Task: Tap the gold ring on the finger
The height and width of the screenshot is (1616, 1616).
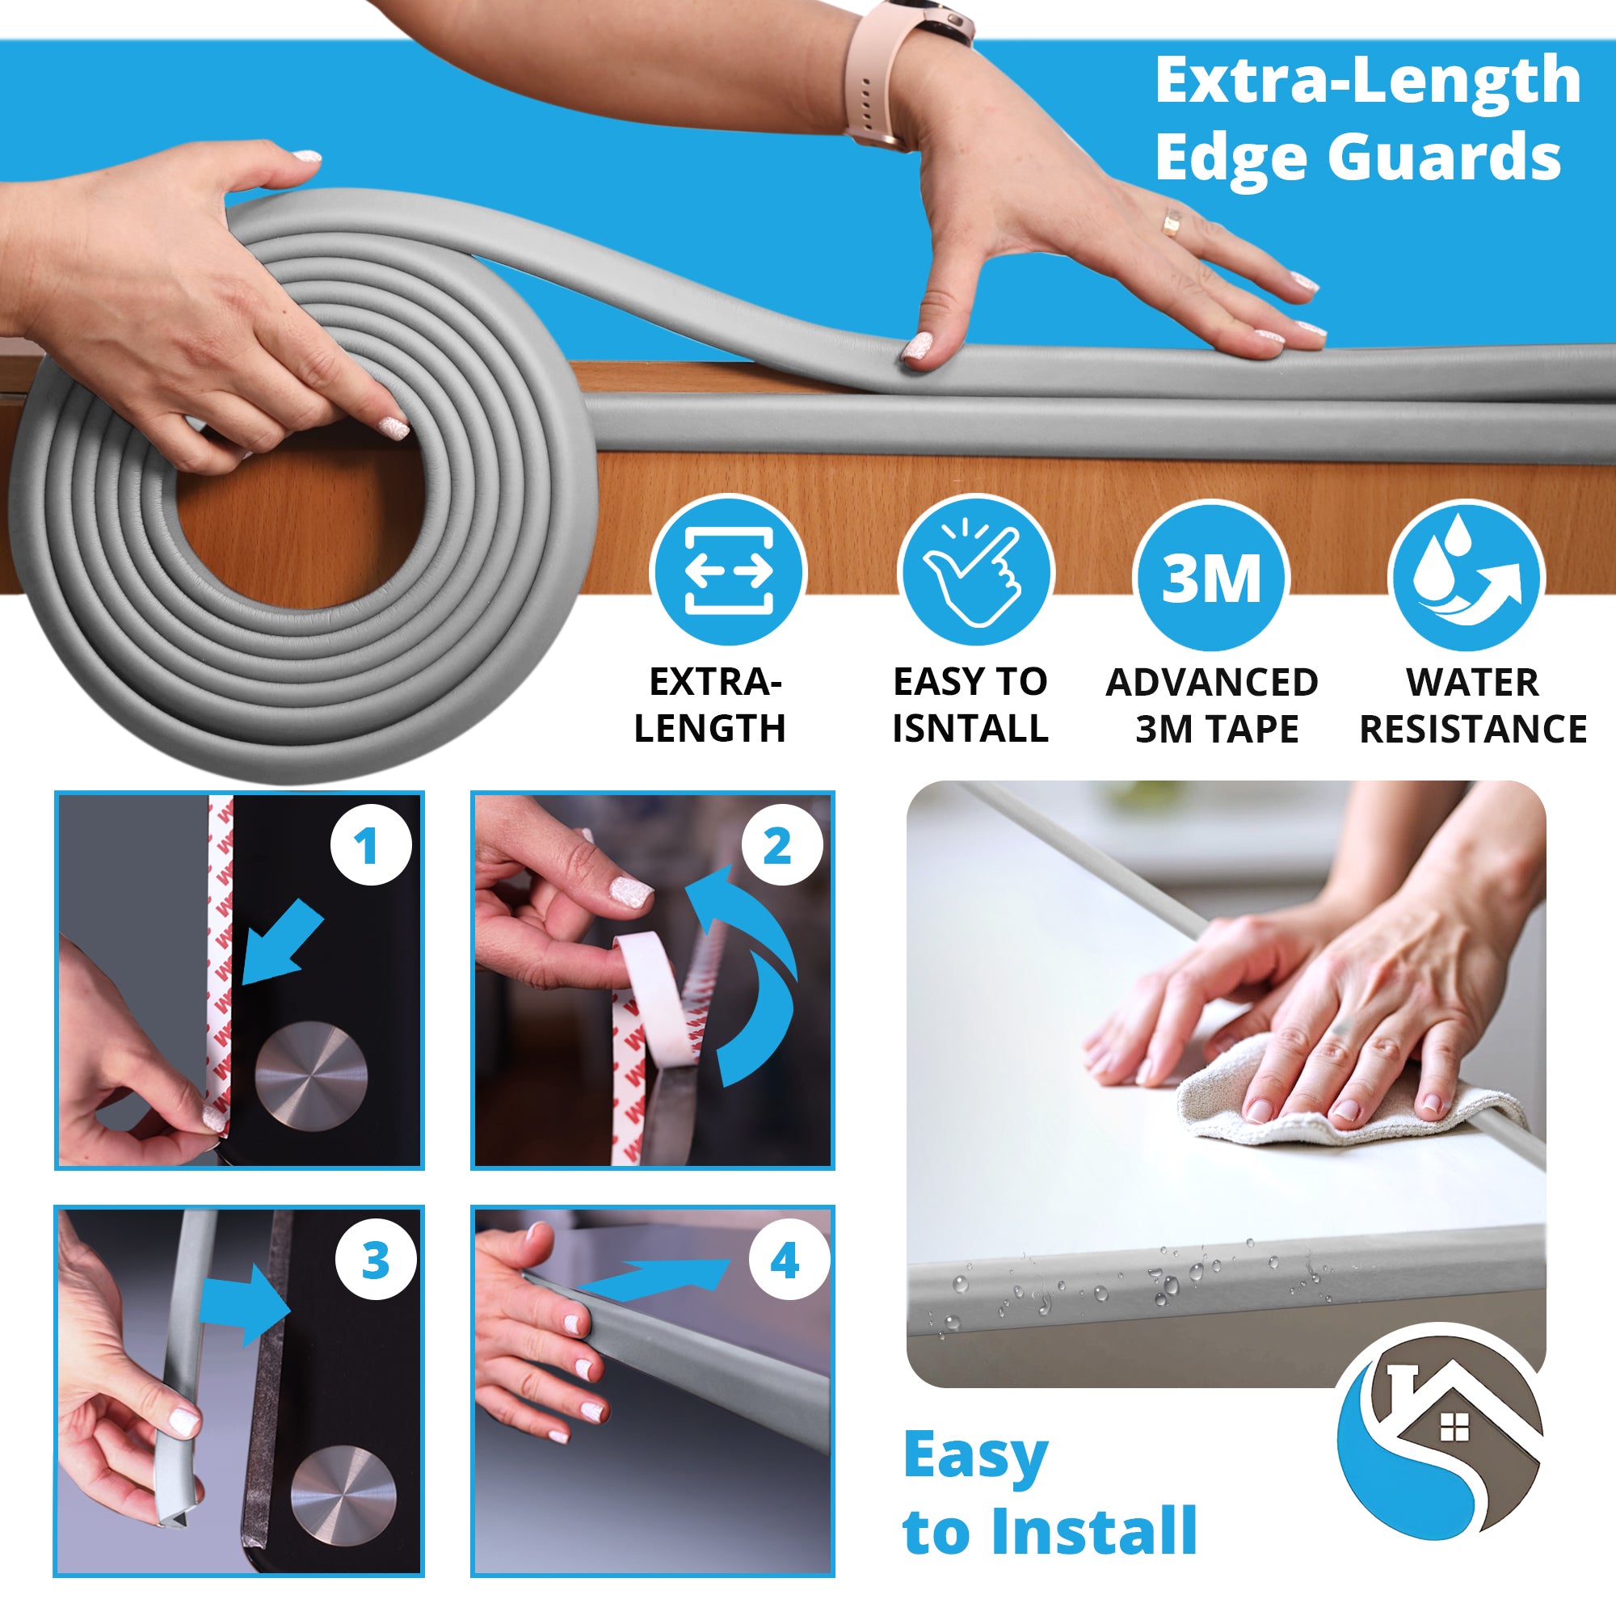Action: [1172, 223]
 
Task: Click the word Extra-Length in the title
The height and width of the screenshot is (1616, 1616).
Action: [1367, 81]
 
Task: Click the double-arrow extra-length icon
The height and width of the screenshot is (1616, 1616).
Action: [728, 572]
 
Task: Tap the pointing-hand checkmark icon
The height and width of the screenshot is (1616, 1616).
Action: [974, 572]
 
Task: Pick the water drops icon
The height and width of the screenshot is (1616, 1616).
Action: [1466, 575]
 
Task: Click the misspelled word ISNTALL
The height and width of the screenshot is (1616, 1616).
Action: [970, 729]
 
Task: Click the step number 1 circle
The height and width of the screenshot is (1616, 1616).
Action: [371, 845]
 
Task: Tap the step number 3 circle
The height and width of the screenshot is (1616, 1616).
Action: [376, 1260]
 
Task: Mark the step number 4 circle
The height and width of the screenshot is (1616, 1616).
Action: [786, 1260]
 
